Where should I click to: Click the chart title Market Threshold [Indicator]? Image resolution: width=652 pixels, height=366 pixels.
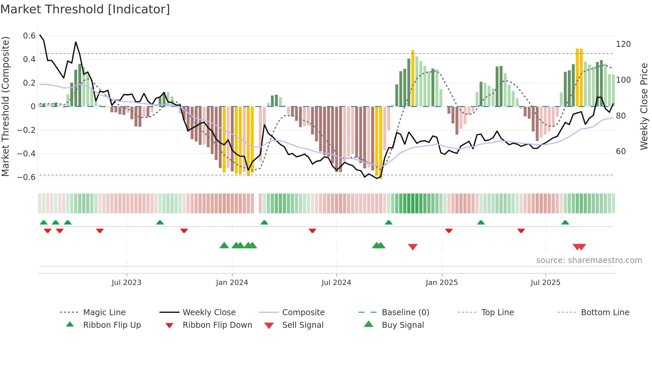(x=85, y=9)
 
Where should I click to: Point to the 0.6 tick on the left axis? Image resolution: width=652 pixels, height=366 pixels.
(x=29, y=36)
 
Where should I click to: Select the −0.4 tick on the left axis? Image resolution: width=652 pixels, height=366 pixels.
(x=26, y=154)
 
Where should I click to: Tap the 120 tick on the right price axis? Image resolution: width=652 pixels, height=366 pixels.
(x=623, y=44)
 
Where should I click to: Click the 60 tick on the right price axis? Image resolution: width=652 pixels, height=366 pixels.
(x=621, y=151)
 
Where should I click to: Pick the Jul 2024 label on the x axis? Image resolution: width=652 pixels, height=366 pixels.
(x=336, y=283)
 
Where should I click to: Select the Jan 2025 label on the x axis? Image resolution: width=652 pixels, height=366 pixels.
(x=441, y=283)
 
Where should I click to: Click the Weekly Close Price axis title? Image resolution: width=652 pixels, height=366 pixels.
(x=644, y=106)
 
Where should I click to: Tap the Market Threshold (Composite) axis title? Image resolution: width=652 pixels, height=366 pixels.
(x=5, y=106)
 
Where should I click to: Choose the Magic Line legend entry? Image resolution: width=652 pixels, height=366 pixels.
(x=104, y=313)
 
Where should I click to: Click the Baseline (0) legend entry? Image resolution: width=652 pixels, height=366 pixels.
(x=405, y=313)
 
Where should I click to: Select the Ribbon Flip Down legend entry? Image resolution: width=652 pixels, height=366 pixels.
(x=217, y=325)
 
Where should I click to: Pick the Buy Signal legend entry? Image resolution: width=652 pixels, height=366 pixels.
(x=403, y=325)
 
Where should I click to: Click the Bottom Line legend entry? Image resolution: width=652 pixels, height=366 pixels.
(x=605, y=313)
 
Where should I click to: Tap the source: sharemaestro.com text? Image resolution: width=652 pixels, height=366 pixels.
(x=589, y=260)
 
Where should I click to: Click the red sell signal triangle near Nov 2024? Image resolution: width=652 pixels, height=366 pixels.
(x=412, y=247)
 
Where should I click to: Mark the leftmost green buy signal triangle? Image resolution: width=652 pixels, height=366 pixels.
(x=224, y=245)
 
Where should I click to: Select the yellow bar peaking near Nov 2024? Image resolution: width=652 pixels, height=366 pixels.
(x=412, y=78)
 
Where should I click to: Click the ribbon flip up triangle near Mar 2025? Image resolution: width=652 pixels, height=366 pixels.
(x=481, y=223)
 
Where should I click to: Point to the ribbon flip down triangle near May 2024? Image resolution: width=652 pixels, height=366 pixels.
(x=312, y=230)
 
